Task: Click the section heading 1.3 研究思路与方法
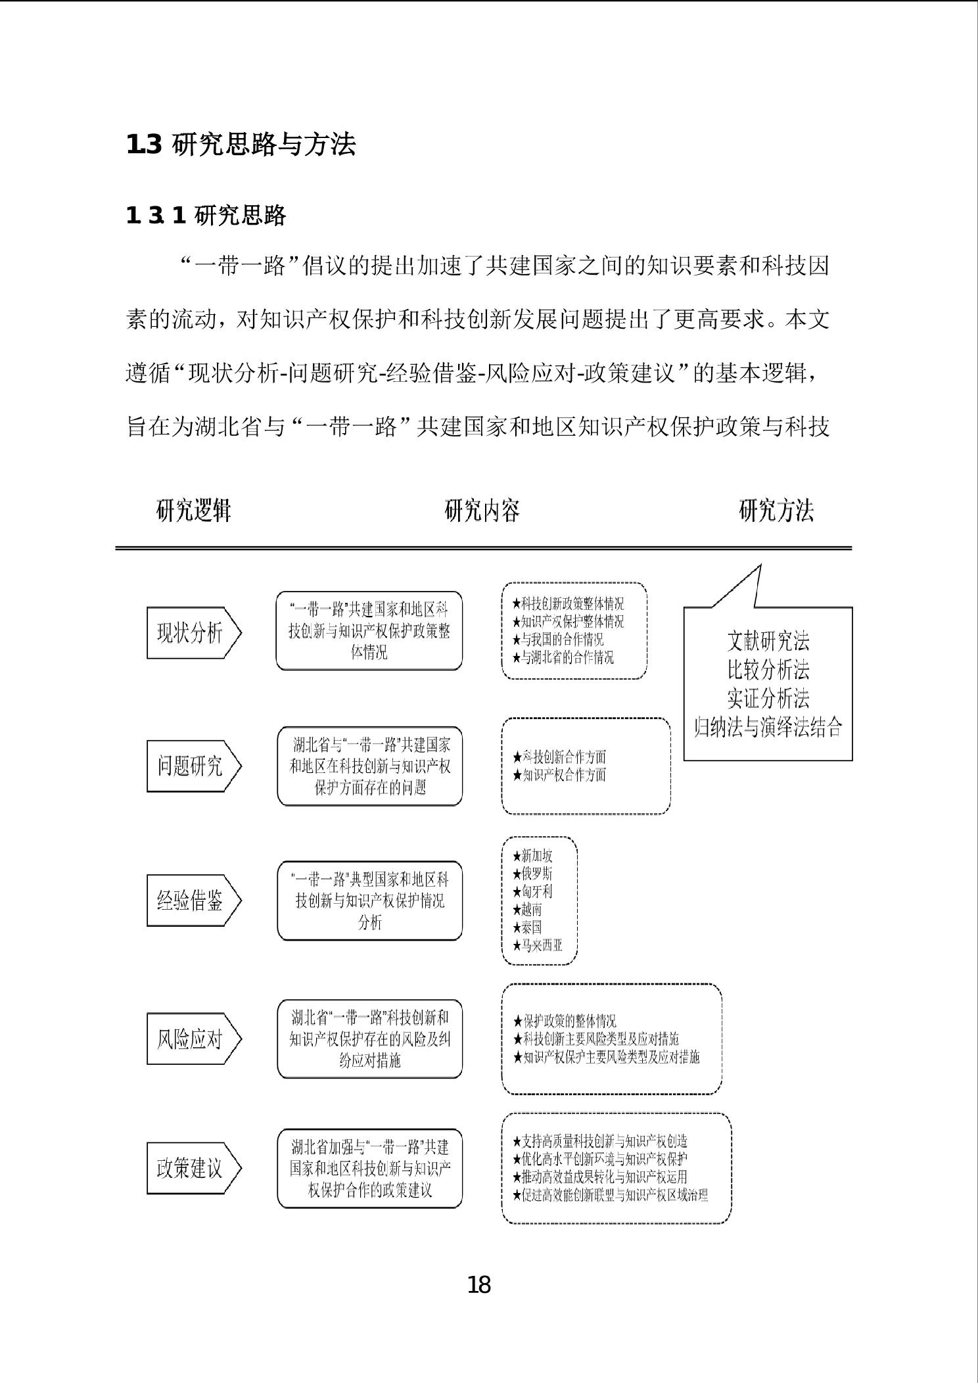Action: point(241,145)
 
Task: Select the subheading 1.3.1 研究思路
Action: point(206,215)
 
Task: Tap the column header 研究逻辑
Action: point(194,510)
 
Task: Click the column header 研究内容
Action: point(482,510)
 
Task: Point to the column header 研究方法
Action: point(776,510)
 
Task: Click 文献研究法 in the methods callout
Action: point(768,641)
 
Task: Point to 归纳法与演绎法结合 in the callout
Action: point(768,727)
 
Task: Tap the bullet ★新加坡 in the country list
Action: point(532,856)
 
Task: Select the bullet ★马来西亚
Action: point(538,946)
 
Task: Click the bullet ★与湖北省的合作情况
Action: point(563,657)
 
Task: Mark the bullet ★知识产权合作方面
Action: point(559,775)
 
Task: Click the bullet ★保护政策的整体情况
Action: point(565,1021)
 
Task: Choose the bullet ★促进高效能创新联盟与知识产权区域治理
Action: point(610,1195)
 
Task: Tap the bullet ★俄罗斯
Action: point(532,874)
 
